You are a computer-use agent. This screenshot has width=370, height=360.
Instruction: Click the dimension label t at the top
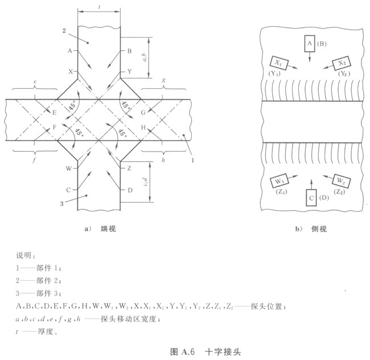99,6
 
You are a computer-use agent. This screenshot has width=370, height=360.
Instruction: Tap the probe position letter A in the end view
70,51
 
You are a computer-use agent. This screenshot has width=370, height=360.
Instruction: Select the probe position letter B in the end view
130,51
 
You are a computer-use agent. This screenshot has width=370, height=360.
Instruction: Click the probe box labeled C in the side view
311,198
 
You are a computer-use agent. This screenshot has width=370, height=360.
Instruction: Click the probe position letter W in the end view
69,169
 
